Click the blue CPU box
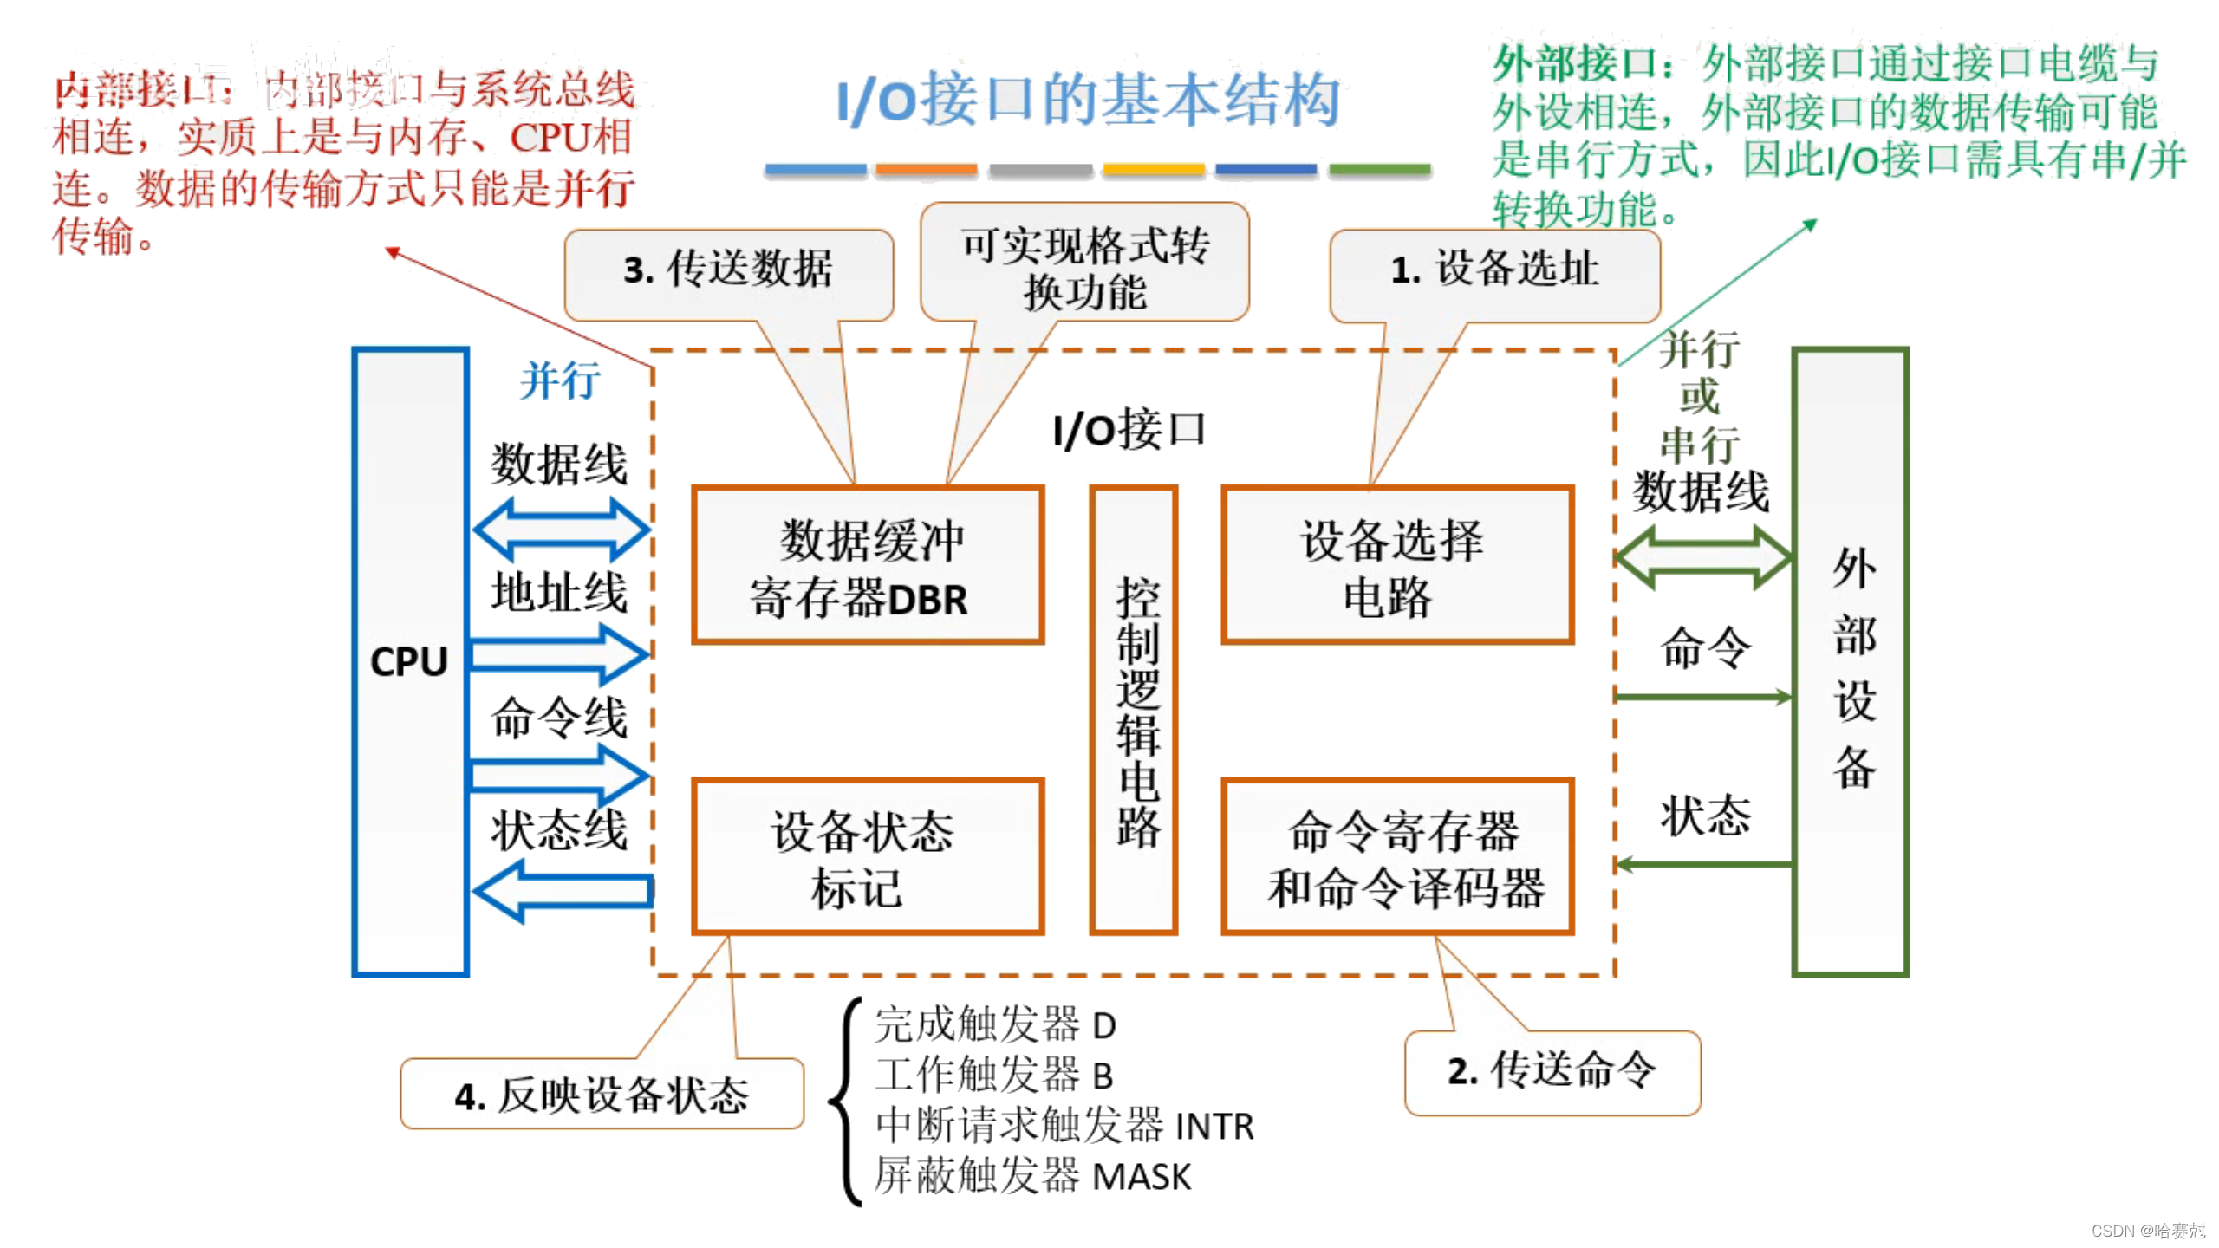[410, 663]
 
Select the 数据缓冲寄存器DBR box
[868, 566]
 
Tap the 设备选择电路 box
[1396, 566]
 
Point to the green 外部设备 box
[1850, 663]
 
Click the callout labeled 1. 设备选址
[1493, 270]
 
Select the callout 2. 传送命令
[1551, 1072]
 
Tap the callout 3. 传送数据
[728, 270]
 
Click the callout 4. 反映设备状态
[602, 1095]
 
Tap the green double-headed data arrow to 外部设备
[1702, 559]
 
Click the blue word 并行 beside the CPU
[560, 381]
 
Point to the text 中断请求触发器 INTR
[1064, 1127]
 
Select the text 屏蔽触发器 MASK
[1031, 1177]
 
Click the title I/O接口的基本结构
[1088, 101]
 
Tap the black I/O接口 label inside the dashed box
[1129, 430]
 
